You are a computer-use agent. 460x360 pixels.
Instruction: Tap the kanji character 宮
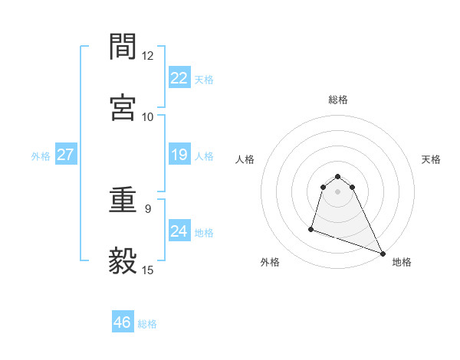(123, 106)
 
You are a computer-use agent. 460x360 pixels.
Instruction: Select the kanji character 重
(123, 203)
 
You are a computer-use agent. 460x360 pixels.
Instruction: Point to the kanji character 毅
(123, 261)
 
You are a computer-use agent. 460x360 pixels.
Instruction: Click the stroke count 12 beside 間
(147, 56)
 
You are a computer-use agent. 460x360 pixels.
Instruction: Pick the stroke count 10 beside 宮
(147, 116)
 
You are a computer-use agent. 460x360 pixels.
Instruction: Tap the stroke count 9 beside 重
(147, 207)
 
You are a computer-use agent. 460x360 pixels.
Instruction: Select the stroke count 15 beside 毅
(147, 270)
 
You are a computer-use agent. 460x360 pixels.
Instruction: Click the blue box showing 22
(179, 77)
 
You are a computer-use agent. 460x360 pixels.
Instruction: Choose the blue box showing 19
(179, 155)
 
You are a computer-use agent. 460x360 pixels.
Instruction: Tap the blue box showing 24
(179, 231)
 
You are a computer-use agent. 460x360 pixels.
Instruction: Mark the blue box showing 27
(66, 155)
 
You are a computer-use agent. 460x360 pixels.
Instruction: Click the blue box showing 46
(123, 322)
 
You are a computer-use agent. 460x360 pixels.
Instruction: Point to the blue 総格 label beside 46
(147, 324)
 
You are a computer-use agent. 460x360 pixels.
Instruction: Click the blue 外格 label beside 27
(41, 156)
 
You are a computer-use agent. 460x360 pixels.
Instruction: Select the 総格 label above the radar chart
(338, 100)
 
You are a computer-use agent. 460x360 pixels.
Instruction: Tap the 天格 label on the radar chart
(431, 159)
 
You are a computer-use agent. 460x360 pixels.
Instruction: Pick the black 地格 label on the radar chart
(402, 263)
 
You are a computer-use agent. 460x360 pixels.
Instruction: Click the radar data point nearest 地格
(383, 254)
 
